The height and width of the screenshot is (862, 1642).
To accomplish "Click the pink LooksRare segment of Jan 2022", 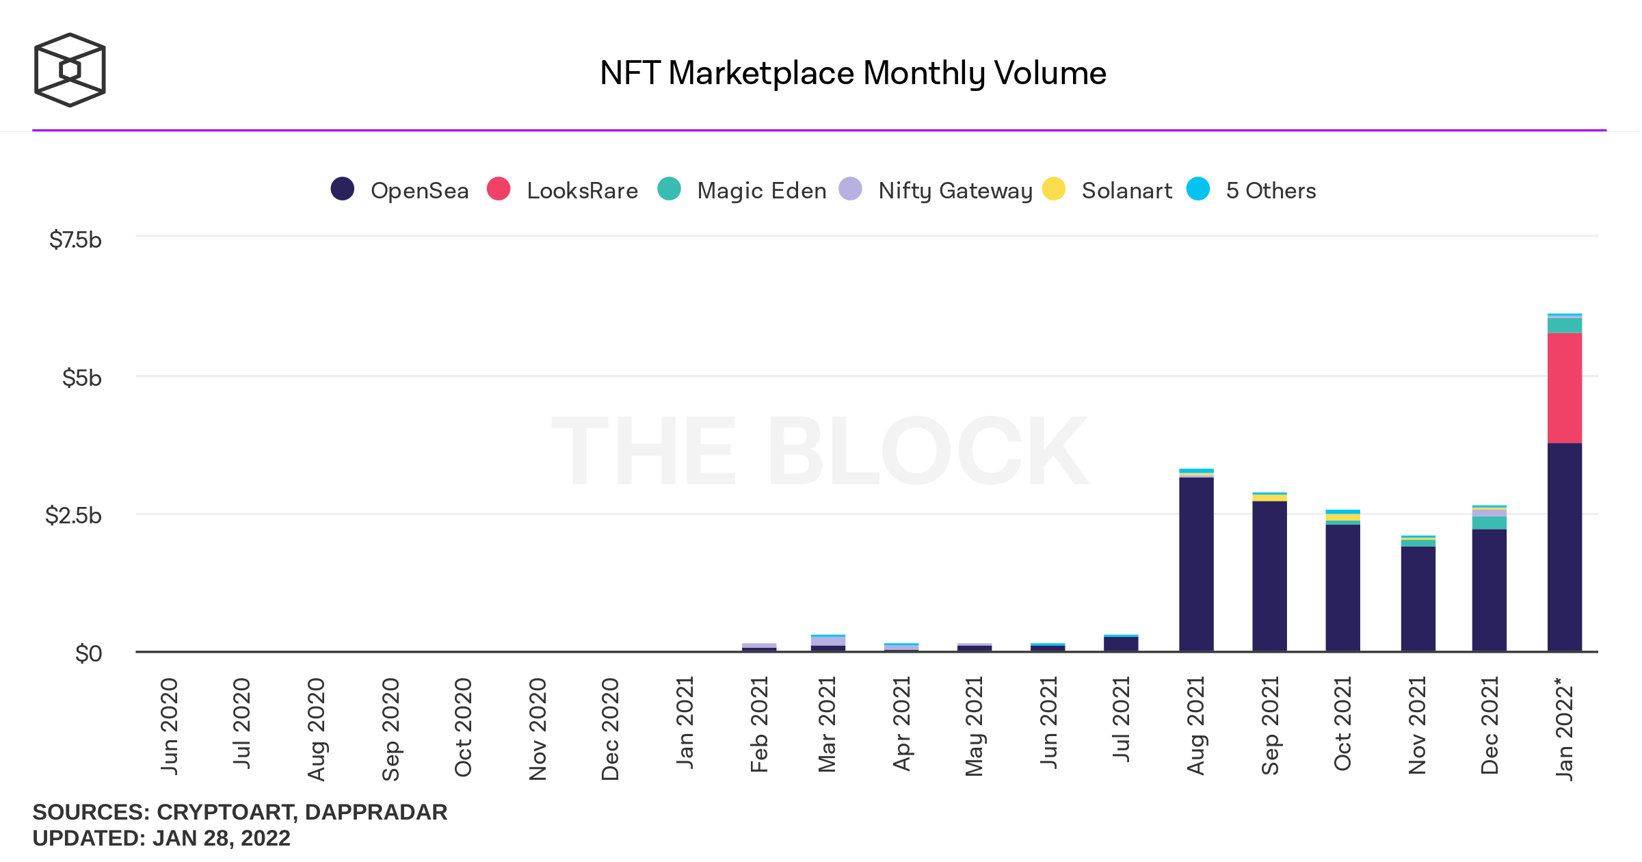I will (1564, 388).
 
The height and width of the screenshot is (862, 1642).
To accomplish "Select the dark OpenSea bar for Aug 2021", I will (1196, 564).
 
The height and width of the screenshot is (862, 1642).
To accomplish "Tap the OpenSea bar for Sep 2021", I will (1269, 576).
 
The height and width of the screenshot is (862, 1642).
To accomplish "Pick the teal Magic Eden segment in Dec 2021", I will (1489, 523).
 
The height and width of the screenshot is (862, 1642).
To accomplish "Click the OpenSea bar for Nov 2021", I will (1418, 599).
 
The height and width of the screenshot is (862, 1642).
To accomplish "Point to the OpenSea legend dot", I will (342, 189).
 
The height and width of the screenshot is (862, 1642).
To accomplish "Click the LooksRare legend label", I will (582, 190).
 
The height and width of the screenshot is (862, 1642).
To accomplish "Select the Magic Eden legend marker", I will (669, 189).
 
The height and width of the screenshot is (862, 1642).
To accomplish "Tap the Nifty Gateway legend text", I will (955, 190).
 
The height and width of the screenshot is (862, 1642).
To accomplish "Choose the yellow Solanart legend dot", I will (1054, 189).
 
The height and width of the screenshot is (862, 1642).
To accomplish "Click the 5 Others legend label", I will (1271, 190).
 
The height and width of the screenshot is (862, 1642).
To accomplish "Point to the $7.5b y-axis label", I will (75, 240).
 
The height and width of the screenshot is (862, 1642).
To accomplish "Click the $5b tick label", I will (81, 378).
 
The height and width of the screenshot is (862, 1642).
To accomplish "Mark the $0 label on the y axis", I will (88, 654).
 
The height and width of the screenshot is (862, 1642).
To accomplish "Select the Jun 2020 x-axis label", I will (170, 727).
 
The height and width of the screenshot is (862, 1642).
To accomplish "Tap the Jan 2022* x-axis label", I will (1564, 728).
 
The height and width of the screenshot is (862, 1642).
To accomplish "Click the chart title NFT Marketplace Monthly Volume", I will (853, 73).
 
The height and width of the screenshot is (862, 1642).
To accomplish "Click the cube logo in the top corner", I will (70, 70).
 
